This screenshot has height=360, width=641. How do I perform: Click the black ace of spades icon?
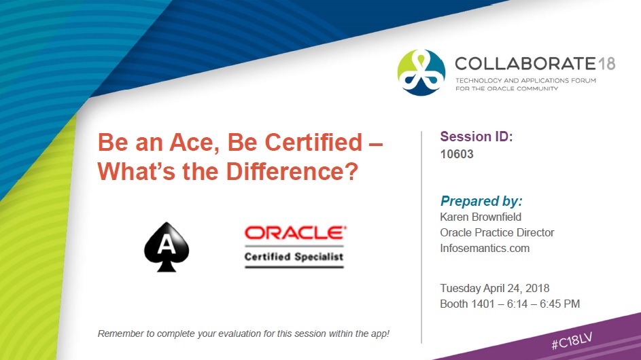167,247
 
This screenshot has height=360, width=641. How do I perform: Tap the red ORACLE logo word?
295,233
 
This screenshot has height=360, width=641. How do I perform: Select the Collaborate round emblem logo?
421,72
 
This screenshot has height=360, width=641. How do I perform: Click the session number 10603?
457,154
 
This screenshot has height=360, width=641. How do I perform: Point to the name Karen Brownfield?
481,217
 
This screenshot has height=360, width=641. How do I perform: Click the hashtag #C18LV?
572,340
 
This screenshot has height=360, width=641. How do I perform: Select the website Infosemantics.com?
485,248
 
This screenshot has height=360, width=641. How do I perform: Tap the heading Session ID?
477,137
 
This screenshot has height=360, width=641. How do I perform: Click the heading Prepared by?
481,201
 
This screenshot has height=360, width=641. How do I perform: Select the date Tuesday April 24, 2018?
495,289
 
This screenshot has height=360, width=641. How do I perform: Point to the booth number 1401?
483,304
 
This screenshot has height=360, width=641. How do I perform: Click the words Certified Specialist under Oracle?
294,257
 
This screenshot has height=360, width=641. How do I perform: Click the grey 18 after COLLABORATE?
606,64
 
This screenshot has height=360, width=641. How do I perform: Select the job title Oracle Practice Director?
497,232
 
